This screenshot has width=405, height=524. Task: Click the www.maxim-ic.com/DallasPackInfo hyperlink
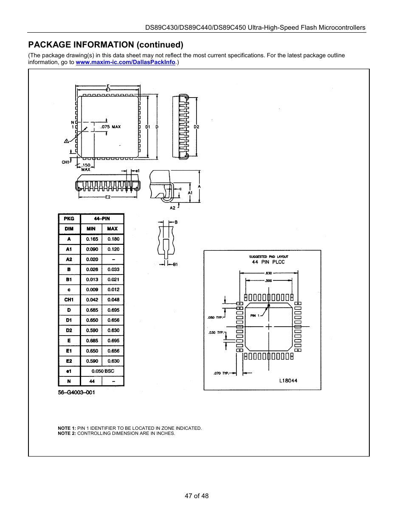coord(125,62)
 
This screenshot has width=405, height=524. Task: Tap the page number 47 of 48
coord(197,496)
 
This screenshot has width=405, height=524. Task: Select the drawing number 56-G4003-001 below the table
coord(76,392)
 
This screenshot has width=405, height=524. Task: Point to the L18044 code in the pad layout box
coord(288,381)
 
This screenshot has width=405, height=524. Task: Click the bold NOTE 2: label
coord(67,433)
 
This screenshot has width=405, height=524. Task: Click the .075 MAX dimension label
coord(110,127)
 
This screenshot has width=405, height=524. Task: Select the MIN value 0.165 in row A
coord(92,239)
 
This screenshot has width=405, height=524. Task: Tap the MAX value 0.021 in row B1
coord(113,280)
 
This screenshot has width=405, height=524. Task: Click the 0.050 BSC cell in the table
coord(102,371)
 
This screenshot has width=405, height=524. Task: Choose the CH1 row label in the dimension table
coord(69,300)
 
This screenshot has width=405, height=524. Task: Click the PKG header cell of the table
coord(69,219)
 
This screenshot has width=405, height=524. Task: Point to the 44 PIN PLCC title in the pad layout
coord(268,262)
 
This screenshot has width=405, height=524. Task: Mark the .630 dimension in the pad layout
coord(268,273)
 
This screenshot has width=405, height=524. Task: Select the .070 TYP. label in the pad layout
coord(221,373)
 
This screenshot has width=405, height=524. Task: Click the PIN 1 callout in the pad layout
coord(255,316)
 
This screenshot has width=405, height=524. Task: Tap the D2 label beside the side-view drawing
coord(196,127)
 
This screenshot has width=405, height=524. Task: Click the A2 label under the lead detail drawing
coord(172,208)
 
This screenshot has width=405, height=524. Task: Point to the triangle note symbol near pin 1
coord(66,141)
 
